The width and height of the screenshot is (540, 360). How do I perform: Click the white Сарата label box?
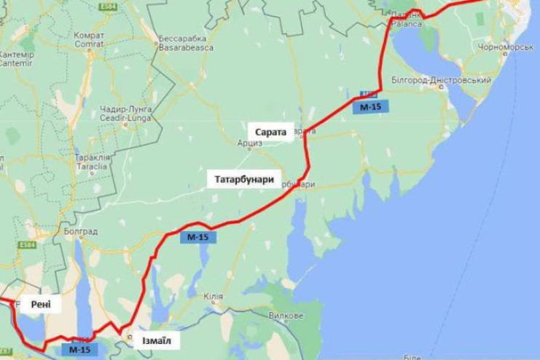pyautogui.click(x=271, y=131)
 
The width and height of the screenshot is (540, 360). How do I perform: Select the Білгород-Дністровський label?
pyautogui.click(x=440, y=79)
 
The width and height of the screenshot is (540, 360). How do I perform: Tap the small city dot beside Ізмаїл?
pyautogui.click(x=130, y=337)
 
